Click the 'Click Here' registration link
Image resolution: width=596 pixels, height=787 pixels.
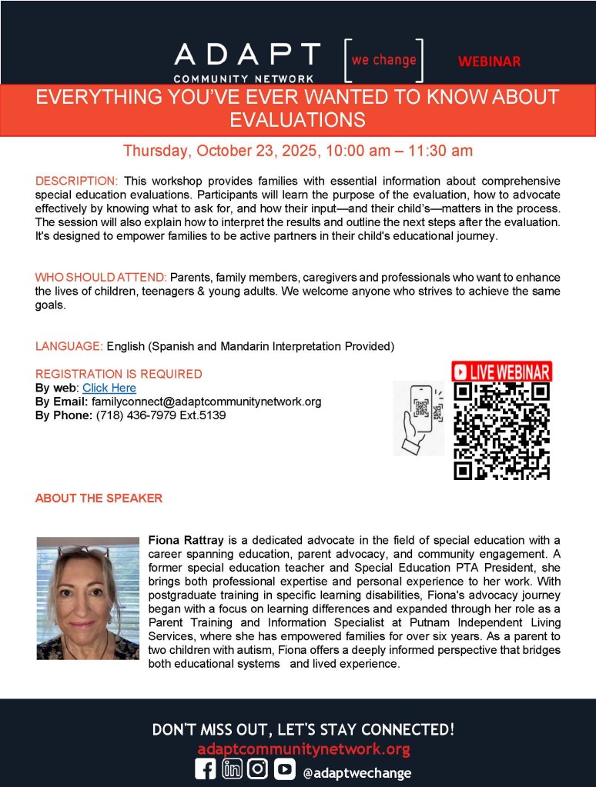109,388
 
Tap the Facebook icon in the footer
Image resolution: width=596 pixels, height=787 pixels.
206,770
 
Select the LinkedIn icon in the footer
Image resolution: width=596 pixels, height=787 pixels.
232,770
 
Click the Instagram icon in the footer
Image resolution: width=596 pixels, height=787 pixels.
258,770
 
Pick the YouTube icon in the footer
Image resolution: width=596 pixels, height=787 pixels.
284,770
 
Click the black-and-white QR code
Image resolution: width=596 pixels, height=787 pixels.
501,432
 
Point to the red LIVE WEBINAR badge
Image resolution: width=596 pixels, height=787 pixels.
501,372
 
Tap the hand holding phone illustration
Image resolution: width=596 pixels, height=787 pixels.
418,418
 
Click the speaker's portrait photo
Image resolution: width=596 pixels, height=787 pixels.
88,598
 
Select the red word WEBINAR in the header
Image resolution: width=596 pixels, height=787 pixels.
489,62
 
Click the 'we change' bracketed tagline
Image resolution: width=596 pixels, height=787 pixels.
383,60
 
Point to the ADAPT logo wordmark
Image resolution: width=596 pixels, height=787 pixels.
247,55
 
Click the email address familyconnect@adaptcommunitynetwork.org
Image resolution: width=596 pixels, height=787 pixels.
206,402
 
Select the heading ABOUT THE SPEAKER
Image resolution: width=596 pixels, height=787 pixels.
99,498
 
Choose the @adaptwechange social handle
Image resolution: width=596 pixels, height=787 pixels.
357,772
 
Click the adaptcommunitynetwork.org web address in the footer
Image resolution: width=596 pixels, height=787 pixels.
303,749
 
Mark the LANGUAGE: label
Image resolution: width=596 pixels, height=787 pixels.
69,346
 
